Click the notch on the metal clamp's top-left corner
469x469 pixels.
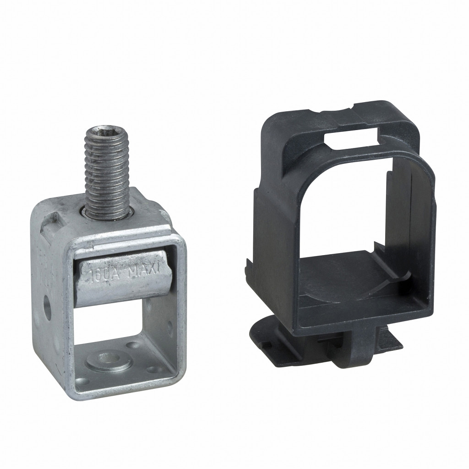(x=49, y=224)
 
